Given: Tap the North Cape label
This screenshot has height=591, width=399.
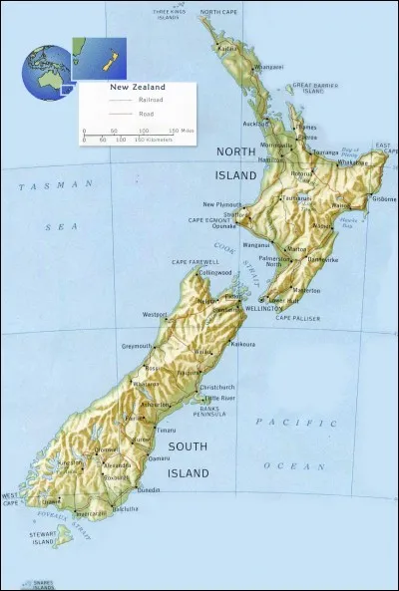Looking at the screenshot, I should click(x=218, y=12).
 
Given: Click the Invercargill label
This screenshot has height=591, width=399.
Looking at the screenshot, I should click(x=91, y=514).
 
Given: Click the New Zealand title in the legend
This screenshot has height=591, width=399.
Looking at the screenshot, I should click(x=137, y=88).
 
